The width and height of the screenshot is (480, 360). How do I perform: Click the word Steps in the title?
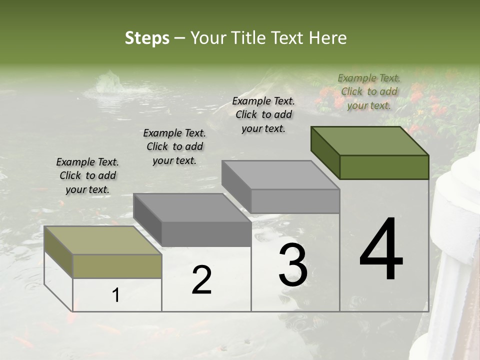(147, 38)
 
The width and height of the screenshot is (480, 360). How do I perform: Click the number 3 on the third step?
(293, 265)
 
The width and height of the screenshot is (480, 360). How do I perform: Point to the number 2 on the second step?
(201, 280)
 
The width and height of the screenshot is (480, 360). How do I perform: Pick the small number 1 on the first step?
(116, 295)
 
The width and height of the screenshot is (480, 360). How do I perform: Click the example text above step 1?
(87, 176)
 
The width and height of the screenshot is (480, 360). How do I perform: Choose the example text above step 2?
(174, 147)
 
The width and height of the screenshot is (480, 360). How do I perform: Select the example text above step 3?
(263, 114)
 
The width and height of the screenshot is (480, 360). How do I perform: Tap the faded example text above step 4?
(369, 91)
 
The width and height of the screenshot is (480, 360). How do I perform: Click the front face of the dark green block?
(384, 167)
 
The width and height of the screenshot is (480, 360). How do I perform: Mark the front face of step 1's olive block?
(117, 266)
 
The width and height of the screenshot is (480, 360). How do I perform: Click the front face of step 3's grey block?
(295, 201)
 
